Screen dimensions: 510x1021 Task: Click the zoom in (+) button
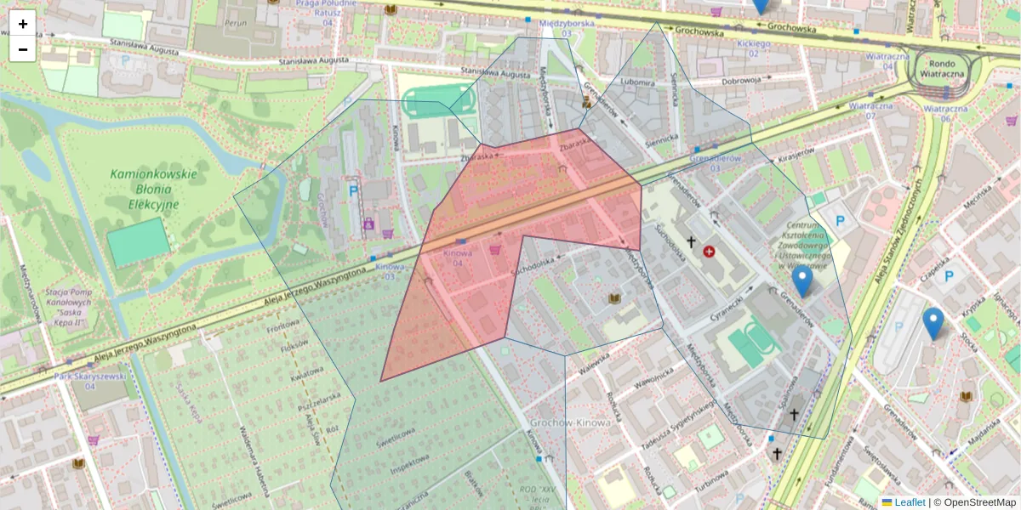tap(23, 24)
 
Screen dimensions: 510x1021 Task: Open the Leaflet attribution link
tap(909, 502)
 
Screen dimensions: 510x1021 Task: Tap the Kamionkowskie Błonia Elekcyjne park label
tap(153, 189)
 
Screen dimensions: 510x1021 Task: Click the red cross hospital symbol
tap(709, 252)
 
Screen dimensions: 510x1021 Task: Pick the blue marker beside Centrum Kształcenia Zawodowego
tap(801, 280)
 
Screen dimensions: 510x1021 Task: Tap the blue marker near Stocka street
tap(933, 323)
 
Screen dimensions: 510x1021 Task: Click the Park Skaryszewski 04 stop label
tap(90, 380)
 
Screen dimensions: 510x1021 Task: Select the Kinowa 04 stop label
tap(458, 258)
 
